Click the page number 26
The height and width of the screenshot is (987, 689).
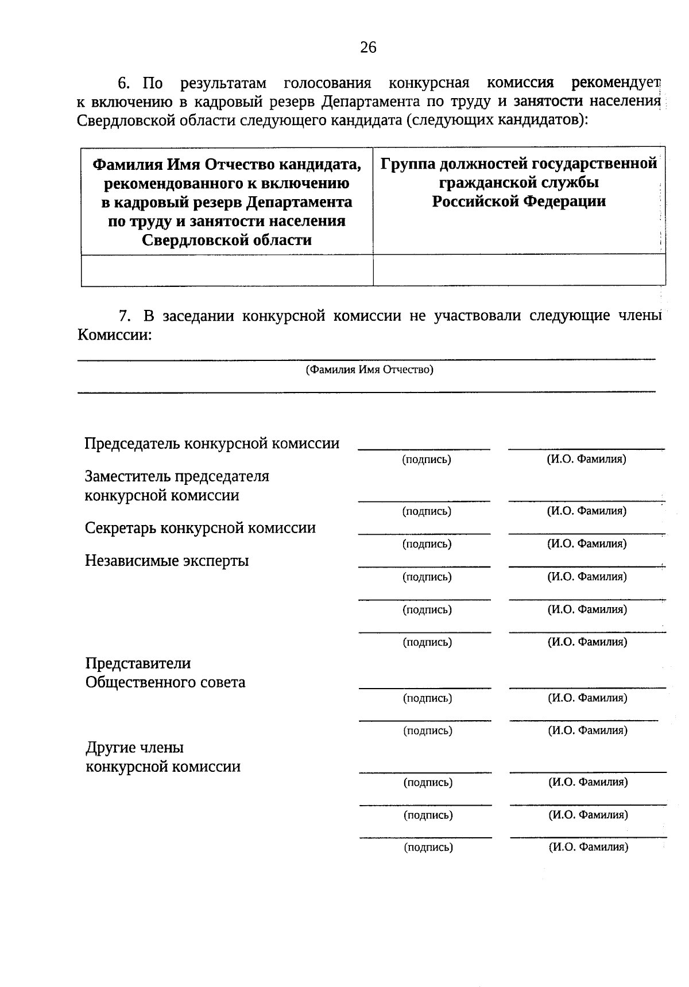coord(368,47)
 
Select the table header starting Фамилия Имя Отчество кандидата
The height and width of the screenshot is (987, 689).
coord(227,202)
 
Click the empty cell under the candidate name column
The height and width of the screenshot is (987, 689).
coord(227,270)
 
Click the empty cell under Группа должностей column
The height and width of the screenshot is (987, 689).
coord(519,270)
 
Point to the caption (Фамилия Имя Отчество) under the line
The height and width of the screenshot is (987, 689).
coord(369,370)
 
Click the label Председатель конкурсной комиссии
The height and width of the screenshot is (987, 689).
coord(212,444)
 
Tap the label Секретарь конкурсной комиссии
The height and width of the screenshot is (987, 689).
coord(200,528)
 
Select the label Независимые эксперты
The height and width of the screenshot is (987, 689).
coord(167,561)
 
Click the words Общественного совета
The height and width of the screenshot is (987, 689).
coord(165,682)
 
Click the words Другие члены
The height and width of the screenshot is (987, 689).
coord(135,748)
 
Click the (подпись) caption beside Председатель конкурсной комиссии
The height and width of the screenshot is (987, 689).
coord(427,460)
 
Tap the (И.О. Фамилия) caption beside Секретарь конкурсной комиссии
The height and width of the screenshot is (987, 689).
coord(586,543)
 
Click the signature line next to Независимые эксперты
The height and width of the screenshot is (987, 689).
coord(424,566)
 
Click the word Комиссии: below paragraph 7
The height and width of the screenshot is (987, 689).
coord(115,335)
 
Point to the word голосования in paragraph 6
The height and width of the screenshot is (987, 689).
coord(327,83)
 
